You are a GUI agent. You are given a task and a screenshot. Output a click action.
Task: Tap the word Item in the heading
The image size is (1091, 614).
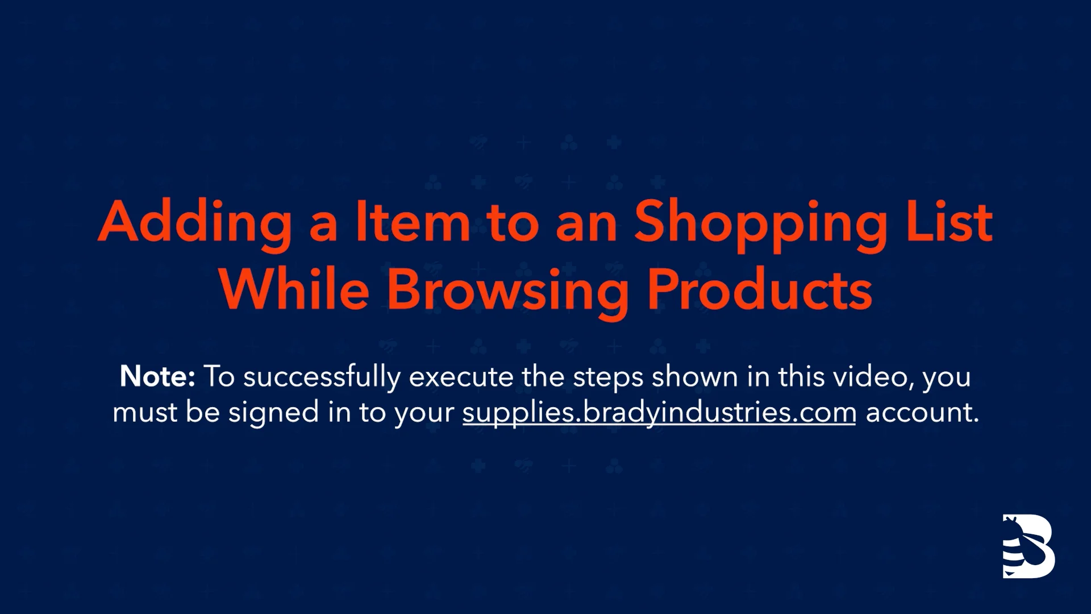click(x=413, y=223)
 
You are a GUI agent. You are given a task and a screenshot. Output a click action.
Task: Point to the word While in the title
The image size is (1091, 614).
click(x=294, y=290)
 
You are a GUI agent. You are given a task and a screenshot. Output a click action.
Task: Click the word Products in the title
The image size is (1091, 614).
click(x=760, y=290)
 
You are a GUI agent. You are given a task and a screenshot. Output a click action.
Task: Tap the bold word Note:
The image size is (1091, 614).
click(x=157, y=376)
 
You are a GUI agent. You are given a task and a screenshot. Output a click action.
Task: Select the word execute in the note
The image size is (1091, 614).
click(x=461, y=377)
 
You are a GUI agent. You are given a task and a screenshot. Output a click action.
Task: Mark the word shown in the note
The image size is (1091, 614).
click(x=694, y=377)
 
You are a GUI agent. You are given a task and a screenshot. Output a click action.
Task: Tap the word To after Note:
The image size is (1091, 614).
click(x=219, y=377)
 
